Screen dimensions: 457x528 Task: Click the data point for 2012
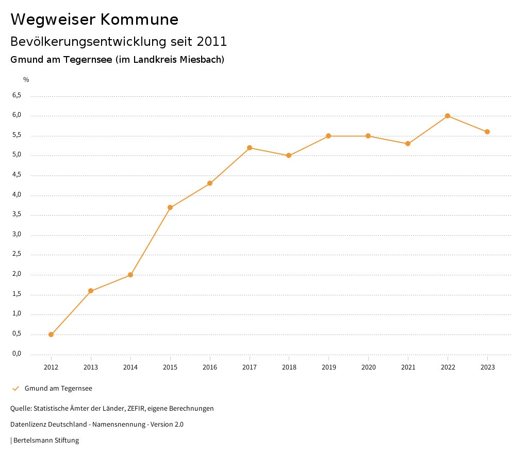click(x=51, y=335)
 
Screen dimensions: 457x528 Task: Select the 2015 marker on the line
click(x=170, y=207)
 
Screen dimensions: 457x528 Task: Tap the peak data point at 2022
click(x=448, y=116)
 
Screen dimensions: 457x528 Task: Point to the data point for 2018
click(x=289, y=155)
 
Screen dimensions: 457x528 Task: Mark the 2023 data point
click(x=487, y=132)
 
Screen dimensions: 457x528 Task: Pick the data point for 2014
click(x=130, y=275)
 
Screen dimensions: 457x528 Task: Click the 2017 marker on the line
click(x=250, y=148)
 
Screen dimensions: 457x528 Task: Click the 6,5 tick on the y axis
click(x=17, y=95)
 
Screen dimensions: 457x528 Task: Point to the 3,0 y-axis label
click(x=17, y=234)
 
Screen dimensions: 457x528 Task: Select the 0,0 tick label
click(x=17, y=354)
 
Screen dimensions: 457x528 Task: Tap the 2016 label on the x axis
click(x=210, y=367)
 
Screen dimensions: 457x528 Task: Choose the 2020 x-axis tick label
click(x=368, y=367)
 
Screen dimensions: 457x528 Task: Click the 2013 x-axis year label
click(x=91, y=367)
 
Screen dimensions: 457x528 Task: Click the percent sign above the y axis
click(x=26, y=79)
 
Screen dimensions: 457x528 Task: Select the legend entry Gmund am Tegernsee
click(x=58, y=388)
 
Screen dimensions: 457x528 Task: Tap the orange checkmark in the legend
click(x=15, y=388)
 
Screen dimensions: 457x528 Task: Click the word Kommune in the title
click(x=139, y=20)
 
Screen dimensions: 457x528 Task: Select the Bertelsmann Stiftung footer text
click(x=46, y=440)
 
